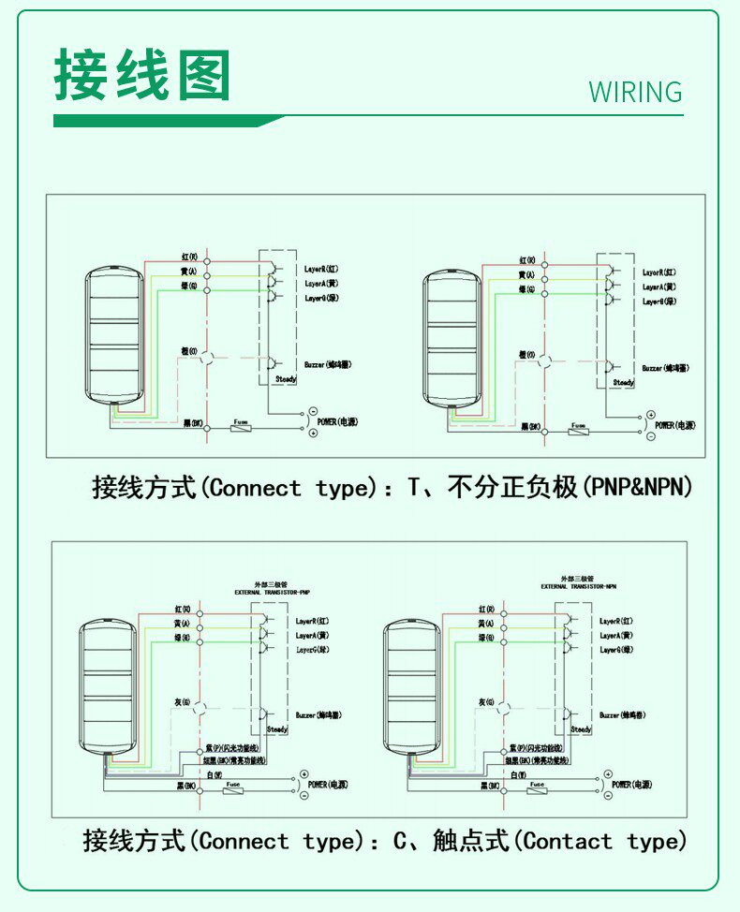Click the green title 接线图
(141, 75)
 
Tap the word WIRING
(635, 93)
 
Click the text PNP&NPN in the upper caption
(642, 488)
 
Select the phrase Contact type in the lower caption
(605, 841)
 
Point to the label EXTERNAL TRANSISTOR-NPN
(578, 586)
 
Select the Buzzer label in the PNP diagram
(318, 714)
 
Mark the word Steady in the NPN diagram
(581, 728)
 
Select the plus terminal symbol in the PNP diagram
(303, 774)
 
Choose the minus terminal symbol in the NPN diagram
(608, 795)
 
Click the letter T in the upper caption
(414, 488)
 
